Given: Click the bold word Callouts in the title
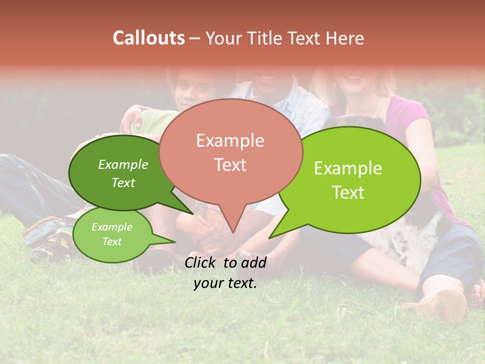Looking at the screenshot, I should (x=149, y=38).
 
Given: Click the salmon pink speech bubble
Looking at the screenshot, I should (x=230, y=152).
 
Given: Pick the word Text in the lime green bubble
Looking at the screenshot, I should (x=348, y=193).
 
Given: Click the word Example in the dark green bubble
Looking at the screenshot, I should (x=123, y=164).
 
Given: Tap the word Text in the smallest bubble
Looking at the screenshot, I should (x=112, y=242).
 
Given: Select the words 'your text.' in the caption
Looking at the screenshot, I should (x=225, y=283).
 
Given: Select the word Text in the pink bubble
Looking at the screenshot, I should (x=230, y=165).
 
